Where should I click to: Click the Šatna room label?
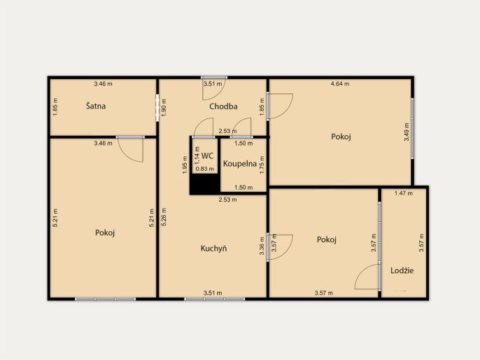pyautogui.click(x=96, y=106)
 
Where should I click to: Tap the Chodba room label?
pyautogui.click(x=223, y=106)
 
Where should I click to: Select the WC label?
pyautogui.click(x=207, y=155)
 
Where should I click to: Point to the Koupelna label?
pyautogui.click(x=240, y=164)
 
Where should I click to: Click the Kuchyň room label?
pyautogui.click(x=213, y=248)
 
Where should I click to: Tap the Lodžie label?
pyautogui.click(x=402, y=270)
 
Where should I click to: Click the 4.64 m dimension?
pyautogui.click(x=340, y=83)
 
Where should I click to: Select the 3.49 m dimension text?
pyautogui.click(x=407, y=132)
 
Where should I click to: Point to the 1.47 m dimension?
pyautogui.click(x=404, y=193)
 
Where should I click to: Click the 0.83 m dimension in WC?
pyautogui.click(x=205, y=169)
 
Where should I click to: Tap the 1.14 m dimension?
pyautogui.click(x=197, y=155)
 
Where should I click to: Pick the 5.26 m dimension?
pyautogui.click(x=164, y=217)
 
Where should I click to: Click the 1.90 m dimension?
pyautogui.click(x=164, y=107)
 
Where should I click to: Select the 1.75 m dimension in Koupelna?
pyautogui.click(x=262, y=165)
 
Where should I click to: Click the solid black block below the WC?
pyautogui.click(x=205, y=184)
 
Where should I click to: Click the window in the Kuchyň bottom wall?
pyautogui.click(x=214, y=299)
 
